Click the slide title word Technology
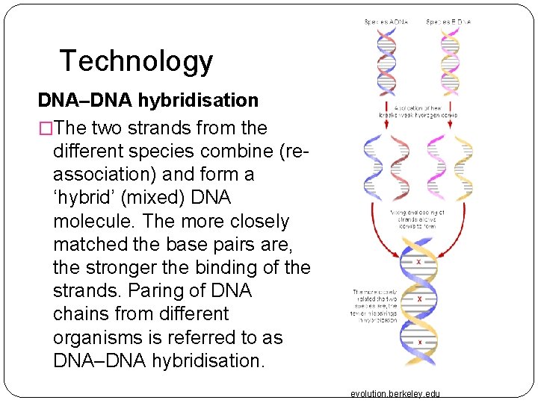pos(136,61)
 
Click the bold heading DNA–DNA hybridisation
pos(148,100)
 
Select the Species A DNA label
pos(386,22)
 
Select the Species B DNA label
pos(448,22)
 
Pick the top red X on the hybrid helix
pos(418,263)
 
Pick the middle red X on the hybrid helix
pos(419,299)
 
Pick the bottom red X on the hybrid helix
pos(419,343)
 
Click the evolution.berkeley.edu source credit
pos(395,393)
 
